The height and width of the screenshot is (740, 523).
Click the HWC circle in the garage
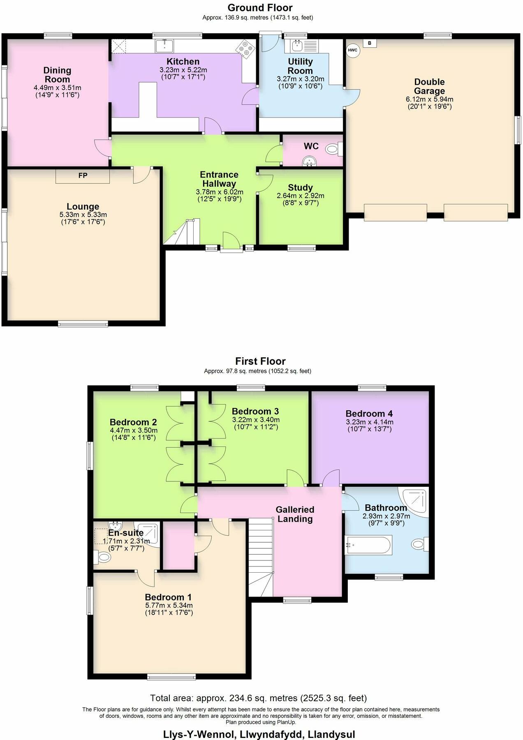(x=352, y=50)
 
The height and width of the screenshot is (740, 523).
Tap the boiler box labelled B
(x=370, y=43)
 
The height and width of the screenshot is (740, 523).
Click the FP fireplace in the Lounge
(x=83, y=176)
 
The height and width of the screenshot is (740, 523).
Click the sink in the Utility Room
(x=297, y=45)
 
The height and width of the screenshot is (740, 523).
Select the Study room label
(x=300, y=187)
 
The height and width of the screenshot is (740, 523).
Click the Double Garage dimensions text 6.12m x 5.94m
(x=429, y=99)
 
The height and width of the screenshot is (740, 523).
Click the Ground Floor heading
(x=260, y=7)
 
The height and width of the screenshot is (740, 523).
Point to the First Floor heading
(x=260, y=361)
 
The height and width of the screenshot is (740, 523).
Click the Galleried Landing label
(x=295, y=514)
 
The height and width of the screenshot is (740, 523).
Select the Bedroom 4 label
(x=369, y=414)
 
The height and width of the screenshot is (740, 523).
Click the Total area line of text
(x=258, y=698)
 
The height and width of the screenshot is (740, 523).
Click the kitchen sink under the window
(x=164, y=45)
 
